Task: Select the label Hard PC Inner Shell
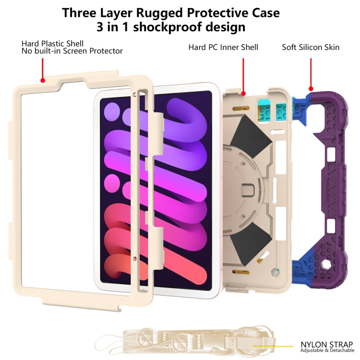(x=223, y=47)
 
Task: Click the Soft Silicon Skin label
(x=311, y=47)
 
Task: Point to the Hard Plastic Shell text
(x=52, y=44)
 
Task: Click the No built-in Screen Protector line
(x=72, y=51)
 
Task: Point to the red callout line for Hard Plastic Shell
(x=43, y=70)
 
